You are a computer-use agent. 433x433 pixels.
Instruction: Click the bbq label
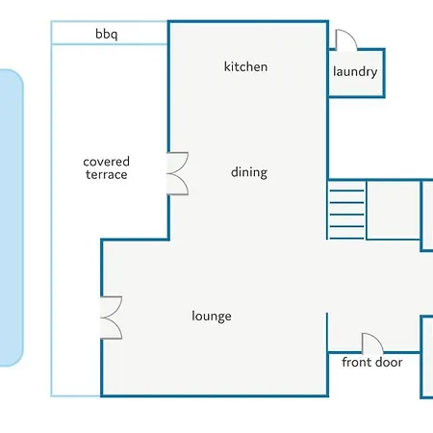(x=107, y=34)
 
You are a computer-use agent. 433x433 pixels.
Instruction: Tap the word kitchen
(x=245, y=66)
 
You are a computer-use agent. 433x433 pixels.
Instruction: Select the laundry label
(x=355, y=71)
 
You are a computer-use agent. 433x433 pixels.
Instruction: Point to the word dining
(x=249, y=172)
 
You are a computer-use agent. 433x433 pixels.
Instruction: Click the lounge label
(x=212, y=316)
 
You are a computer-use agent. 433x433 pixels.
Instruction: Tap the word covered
(x=107, y=162)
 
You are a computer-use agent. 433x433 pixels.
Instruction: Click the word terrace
(x=107, y=174)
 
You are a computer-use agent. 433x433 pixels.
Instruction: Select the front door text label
(x=372, y=362)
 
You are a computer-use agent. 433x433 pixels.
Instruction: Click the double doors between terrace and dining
(x=177, y=173)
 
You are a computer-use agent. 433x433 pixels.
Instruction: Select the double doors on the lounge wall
(x=111, y=318)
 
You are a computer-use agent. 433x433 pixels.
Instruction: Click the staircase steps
(x=346, y=210)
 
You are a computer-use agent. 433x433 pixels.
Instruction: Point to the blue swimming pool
(x=10, y=217)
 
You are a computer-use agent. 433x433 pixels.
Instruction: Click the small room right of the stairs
(x=394, y=210)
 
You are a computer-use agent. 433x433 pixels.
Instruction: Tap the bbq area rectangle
(x=110, y=33)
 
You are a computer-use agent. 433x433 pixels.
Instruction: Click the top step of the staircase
(x=346, y=191)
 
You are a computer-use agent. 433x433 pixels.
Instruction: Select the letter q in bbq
(x=115, y=36)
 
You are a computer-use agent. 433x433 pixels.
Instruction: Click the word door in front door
(x=389, y=362)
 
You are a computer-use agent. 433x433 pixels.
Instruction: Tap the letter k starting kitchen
(x=227, y=66)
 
